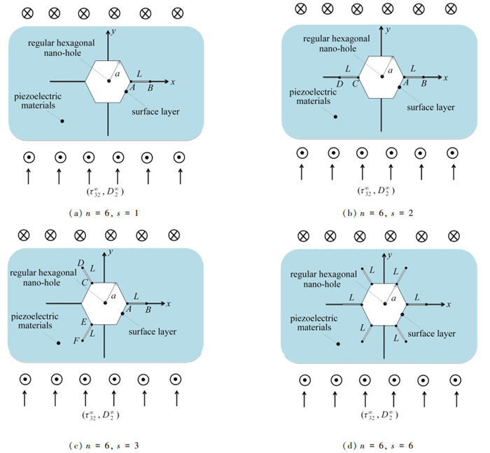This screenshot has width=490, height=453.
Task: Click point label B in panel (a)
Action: [150, 89]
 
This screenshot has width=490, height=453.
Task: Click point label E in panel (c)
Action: [83, 322]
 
